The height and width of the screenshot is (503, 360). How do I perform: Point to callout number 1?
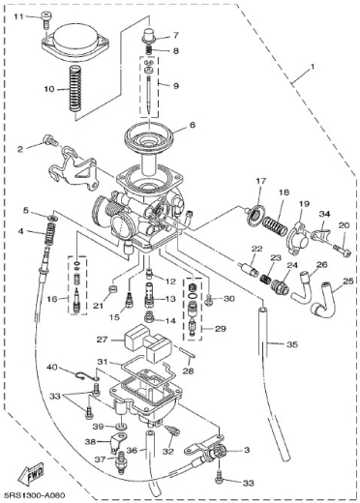point(312,71)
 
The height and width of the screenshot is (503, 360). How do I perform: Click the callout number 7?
point(175,35)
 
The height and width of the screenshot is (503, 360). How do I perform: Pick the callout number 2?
point(18,149)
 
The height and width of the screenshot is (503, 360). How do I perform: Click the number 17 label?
point(260,182)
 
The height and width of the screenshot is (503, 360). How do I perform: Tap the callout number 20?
point(343,225)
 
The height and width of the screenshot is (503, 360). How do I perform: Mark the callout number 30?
point(228,299)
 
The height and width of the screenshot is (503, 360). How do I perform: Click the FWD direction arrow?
point(33,475)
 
